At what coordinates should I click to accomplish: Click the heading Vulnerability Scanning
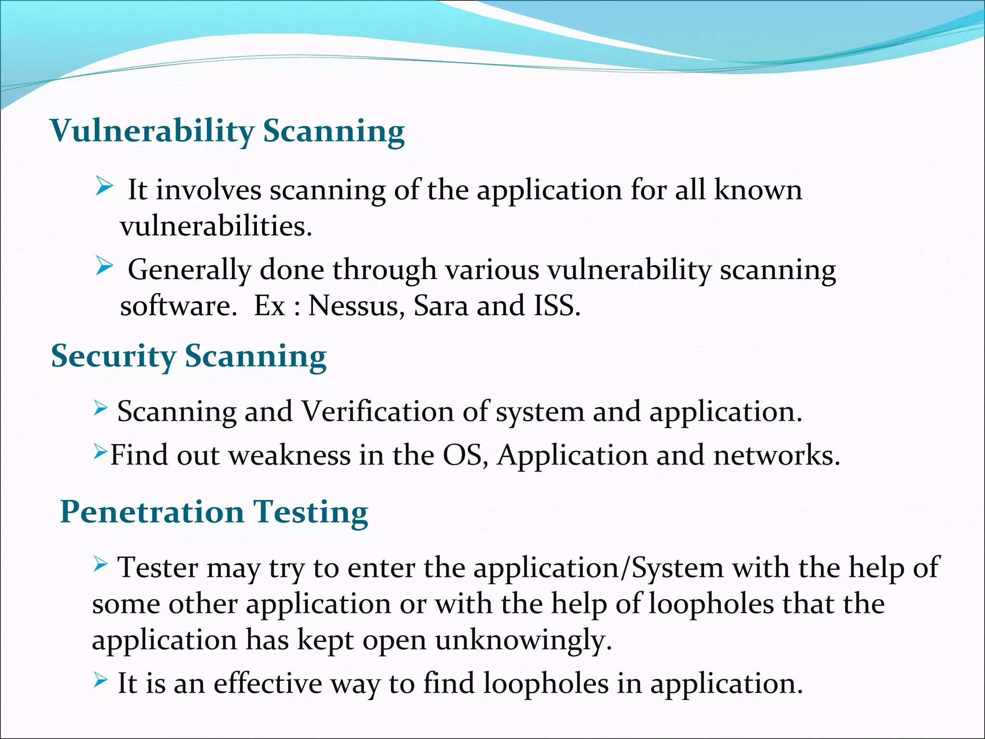coord(227,131)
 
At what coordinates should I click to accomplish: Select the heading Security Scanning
coord(189,357)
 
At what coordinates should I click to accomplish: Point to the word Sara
coord(441,306)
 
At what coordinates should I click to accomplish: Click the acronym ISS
coord(556,306)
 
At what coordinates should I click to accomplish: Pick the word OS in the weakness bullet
coord(465,455)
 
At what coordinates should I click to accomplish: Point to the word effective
coord(268,683)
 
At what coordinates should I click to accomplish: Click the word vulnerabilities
coord(216,226)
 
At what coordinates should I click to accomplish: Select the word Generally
coord(189,269)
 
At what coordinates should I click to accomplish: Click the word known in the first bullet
coord(758,190)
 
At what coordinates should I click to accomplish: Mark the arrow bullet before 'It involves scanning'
coord(104,185)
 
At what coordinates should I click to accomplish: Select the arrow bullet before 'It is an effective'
coord(100,679)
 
